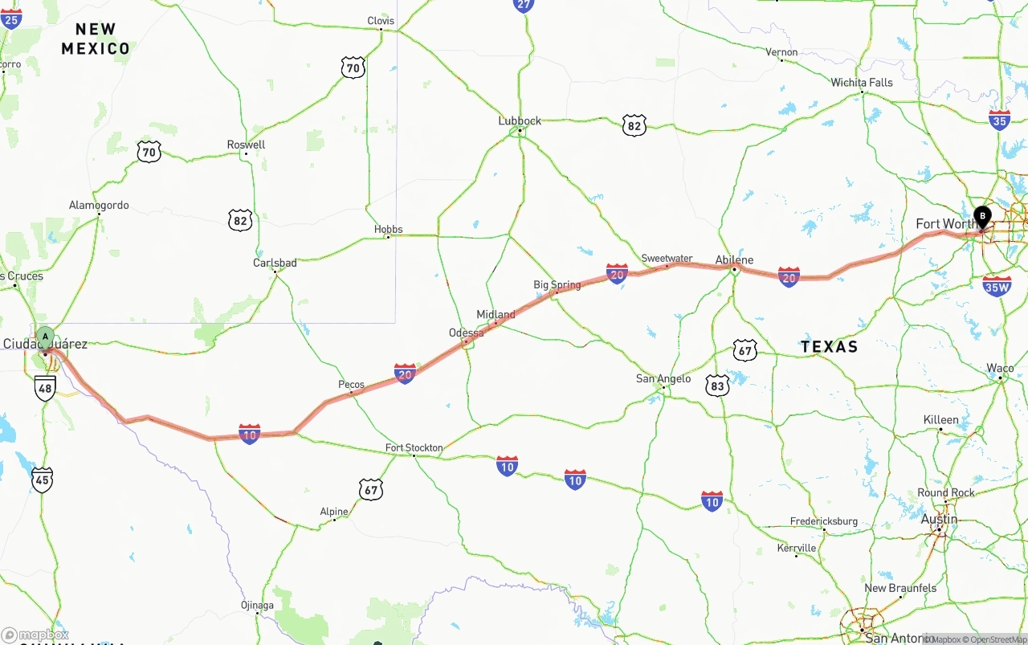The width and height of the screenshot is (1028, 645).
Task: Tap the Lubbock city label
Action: (x=520, y=121)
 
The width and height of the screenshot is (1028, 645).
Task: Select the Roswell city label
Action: (x=246, y=145)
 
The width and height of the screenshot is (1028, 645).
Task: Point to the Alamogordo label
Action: (x=99, y=206)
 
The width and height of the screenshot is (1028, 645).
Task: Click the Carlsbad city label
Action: (x=275, y=263)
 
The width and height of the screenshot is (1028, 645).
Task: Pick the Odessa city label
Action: (x=466, y=333)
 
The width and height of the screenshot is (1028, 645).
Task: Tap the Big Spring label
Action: (x=557, y=285)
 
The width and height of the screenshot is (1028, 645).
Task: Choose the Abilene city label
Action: (x=734, y=260)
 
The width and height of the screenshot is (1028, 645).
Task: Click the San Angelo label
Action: (x=663, y=379)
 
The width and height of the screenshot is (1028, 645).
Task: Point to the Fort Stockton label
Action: (x=414, y=448)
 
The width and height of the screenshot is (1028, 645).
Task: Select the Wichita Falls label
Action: (x=861, y=83)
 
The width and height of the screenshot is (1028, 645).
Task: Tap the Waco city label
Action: (x=1000, y=369)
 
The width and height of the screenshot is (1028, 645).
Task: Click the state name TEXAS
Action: (x=829, y=347)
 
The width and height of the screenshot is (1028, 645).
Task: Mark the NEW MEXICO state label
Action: (x=96, y=39)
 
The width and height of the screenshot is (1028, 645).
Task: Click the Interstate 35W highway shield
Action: (x=997, y=286)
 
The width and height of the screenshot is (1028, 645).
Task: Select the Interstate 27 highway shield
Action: (x=524, y=5)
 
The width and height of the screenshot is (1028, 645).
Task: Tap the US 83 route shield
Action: (x=717, y=386)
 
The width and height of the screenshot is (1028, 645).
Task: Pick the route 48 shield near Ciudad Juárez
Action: (x=45, y=389)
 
